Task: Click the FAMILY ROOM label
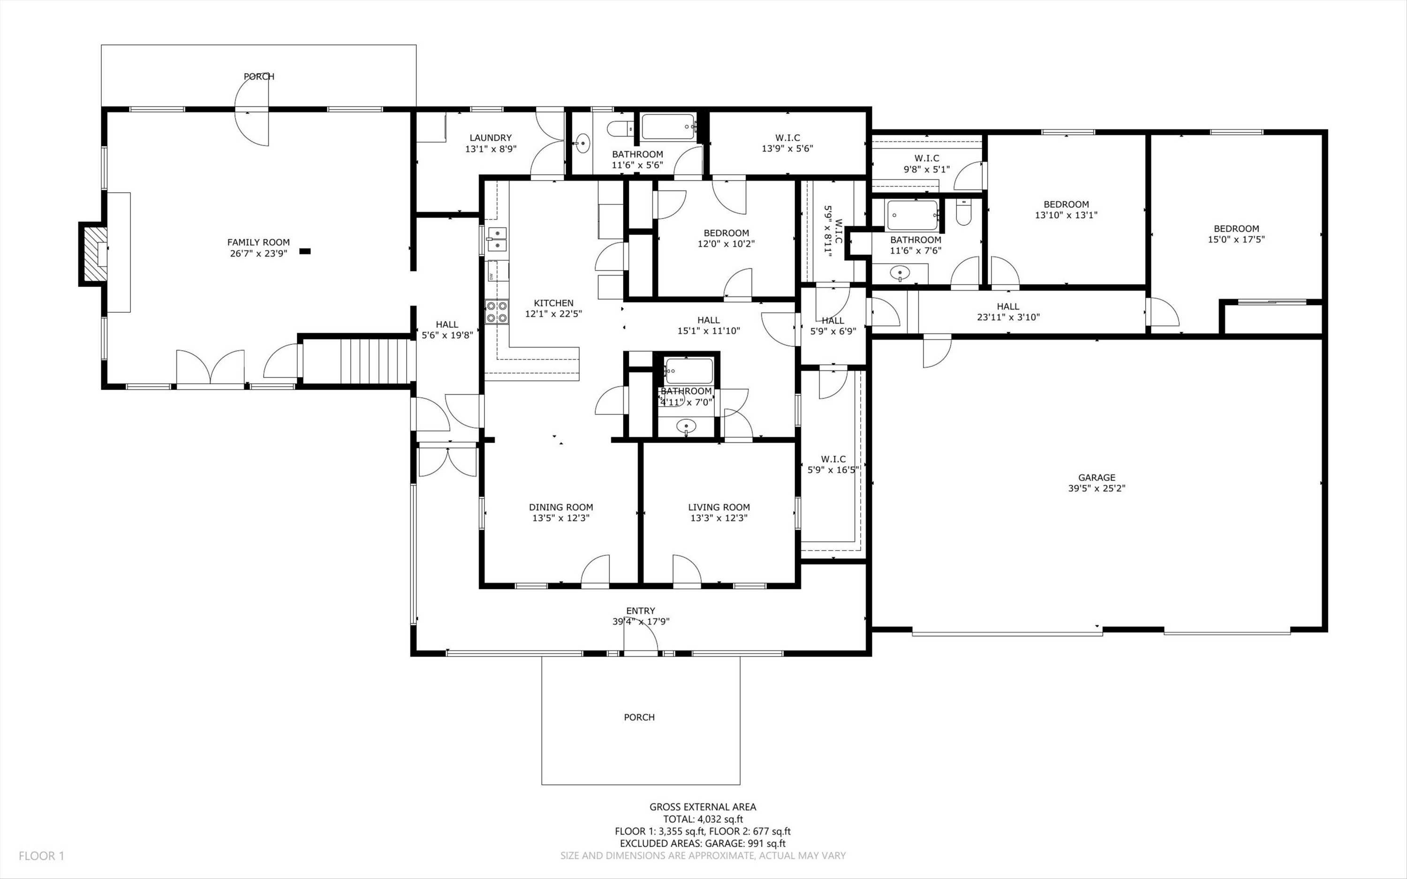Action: (258, 242)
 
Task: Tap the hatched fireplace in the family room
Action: (95, 254)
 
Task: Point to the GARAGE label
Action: (1097, 478)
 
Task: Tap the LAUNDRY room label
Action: (491, 138)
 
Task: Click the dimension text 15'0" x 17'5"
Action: (1236, 239)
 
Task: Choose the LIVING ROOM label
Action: (719, 508)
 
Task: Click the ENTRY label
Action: (641, 611)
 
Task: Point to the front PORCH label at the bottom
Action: (639, 717)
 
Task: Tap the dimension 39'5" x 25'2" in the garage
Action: (1097, 489)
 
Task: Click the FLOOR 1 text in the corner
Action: (41, 856)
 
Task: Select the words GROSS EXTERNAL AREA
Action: (703, 807)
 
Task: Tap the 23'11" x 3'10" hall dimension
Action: (1008, 318)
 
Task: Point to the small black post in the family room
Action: (305, 251)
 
